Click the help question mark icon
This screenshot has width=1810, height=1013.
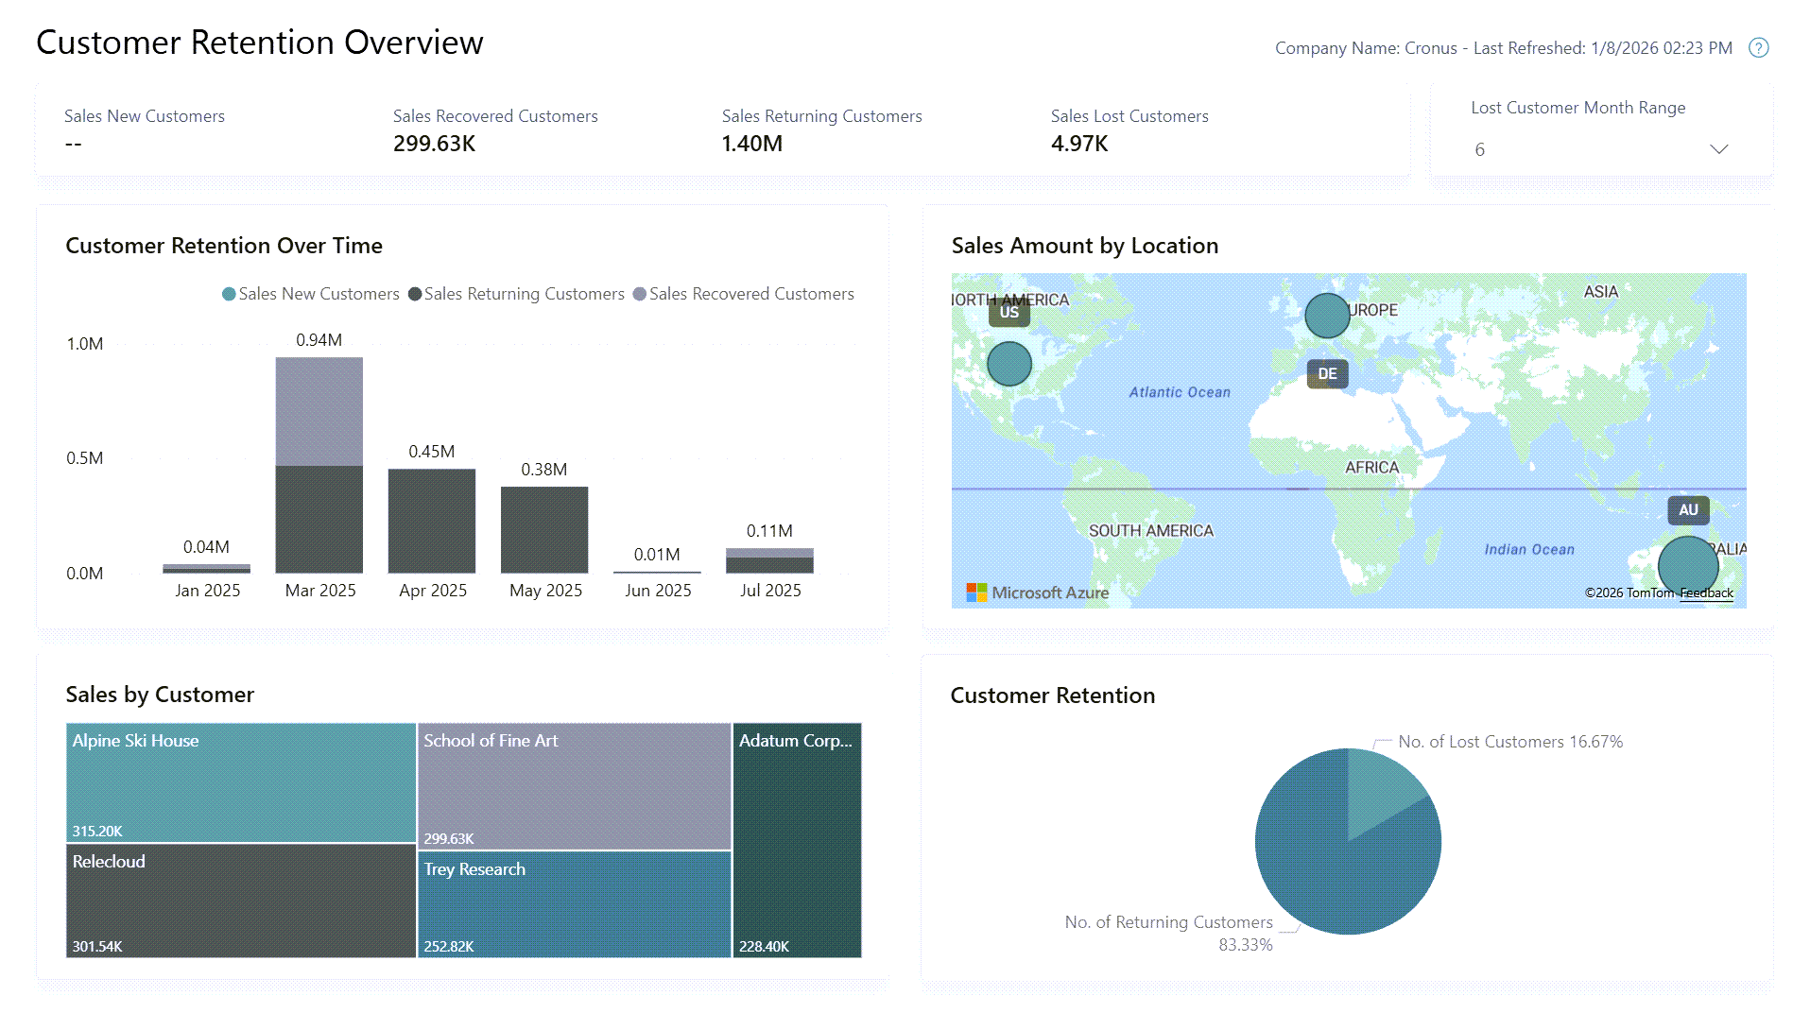tap(1758, 48)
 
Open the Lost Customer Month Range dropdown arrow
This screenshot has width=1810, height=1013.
tap(1718, 149)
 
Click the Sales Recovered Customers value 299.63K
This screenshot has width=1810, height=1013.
tap(434, 144)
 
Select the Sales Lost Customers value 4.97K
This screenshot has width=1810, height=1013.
tap(1079, 144)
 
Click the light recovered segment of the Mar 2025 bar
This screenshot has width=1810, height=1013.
tap(319, 411)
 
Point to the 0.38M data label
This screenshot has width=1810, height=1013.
tap(543, 470)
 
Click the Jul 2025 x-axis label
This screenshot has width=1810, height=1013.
tap(769, 591)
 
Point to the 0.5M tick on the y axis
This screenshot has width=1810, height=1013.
tap(85, 458)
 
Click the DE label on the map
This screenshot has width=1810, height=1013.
tap(1327, 374)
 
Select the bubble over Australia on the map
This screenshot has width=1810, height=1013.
tap(1687, 565)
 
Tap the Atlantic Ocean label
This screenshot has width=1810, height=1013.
tap(1180, 392)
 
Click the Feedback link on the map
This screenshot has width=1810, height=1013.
tap(1706, 593)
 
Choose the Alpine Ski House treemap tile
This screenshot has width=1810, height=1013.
tap(241, 782)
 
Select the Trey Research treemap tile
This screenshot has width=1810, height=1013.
tap(574, 904)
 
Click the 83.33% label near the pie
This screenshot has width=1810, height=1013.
tap(1245, 945)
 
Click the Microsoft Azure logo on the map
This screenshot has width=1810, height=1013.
tap(1037, 592)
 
